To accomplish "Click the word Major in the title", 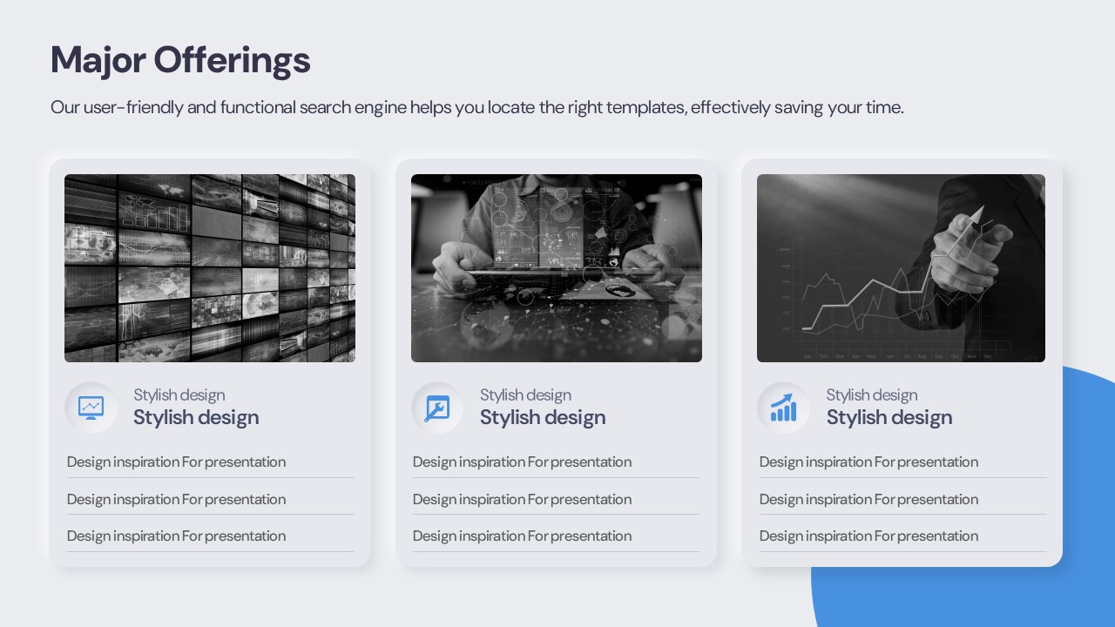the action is [x=98, y=61].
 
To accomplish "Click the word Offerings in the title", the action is [x=232, y=60].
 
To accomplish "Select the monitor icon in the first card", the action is [x=91, y=408].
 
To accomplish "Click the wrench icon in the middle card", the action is [x=437, y=408].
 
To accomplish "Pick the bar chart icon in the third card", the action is [x=783, y=408].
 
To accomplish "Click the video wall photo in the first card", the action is [x=210, y=267].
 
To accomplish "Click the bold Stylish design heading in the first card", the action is [x=196, y=418].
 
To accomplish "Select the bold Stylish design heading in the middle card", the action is [x=543, y=418].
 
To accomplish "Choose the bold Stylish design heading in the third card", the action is [x=889, y=418].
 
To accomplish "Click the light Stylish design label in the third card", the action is [x=872, y=395].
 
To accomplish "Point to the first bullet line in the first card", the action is [x=176, y=462].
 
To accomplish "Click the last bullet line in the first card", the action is [x=176, y=536].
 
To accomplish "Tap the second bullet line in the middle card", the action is [x=522, y=500].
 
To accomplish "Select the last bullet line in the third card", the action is [x=868, y=536].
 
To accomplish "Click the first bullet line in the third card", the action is [x=868, y=462].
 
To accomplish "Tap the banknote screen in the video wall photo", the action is [x=91, y=244].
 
